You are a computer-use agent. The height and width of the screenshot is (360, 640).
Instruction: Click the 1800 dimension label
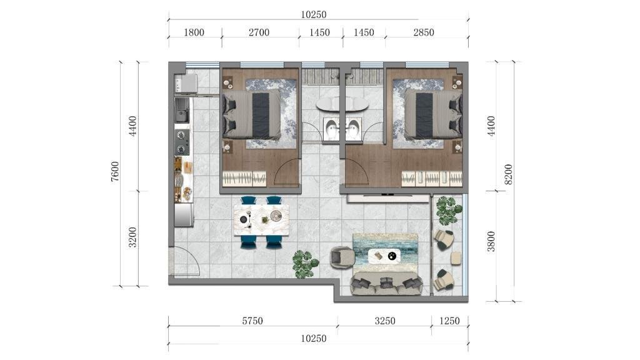click(194, 32)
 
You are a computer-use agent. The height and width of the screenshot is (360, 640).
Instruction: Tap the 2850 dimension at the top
click(424, 32)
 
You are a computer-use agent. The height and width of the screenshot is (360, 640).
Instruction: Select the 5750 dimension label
click(252, 321)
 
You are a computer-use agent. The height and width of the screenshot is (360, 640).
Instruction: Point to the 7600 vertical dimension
click(116, 171)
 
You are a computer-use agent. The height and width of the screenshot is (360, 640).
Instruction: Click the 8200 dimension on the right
click(508, 174)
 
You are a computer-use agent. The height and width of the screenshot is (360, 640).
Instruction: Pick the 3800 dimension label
click(491, 242)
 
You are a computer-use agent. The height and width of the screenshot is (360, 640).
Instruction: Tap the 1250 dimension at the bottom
click(449, 321)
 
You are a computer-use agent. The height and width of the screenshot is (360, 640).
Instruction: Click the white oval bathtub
click(342, 104)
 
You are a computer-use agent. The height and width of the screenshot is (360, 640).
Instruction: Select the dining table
click(262, 220)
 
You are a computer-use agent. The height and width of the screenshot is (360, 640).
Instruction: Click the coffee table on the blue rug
click(384, 256)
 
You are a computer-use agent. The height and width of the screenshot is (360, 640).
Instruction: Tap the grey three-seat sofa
click(386, 284)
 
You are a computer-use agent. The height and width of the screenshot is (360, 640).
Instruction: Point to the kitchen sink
click(182, 111)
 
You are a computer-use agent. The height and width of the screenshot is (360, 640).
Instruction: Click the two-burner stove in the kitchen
click(182, 142)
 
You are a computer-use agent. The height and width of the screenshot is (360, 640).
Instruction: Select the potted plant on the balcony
click(449, 210)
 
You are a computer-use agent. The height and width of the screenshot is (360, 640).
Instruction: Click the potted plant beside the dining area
click(305, 264)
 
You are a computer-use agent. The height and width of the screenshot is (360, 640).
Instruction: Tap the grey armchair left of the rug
click(342, 257)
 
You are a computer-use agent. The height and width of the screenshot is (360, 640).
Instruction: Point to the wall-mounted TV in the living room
click(387, 194)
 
